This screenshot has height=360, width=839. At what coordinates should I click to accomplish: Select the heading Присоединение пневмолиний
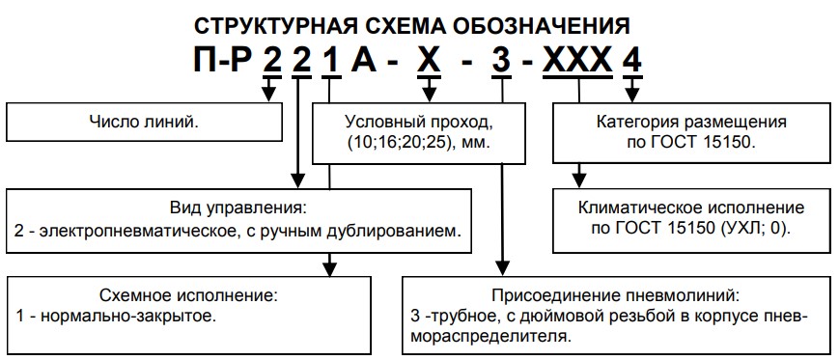615,293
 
